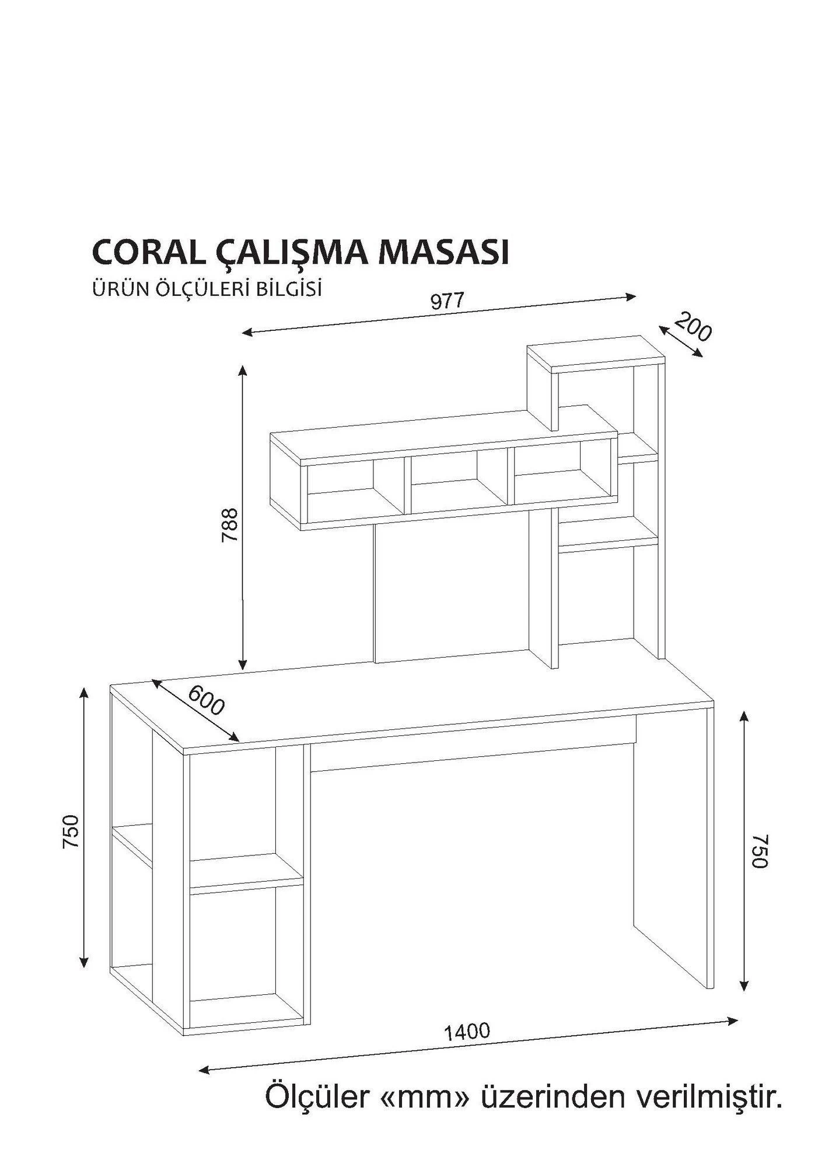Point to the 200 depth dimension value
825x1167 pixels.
694,327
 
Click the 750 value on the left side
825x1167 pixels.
71,831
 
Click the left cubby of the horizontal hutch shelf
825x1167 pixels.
350,487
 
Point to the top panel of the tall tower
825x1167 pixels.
595,353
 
